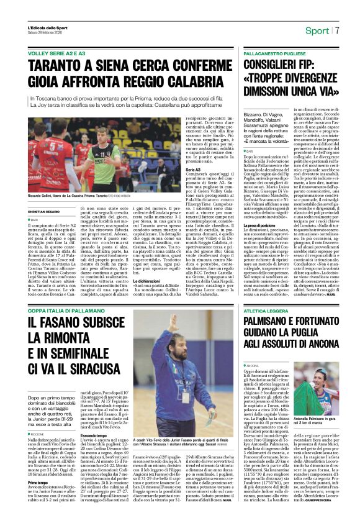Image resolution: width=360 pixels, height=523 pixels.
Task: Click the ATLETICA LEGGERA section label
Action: click(264, 311)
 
